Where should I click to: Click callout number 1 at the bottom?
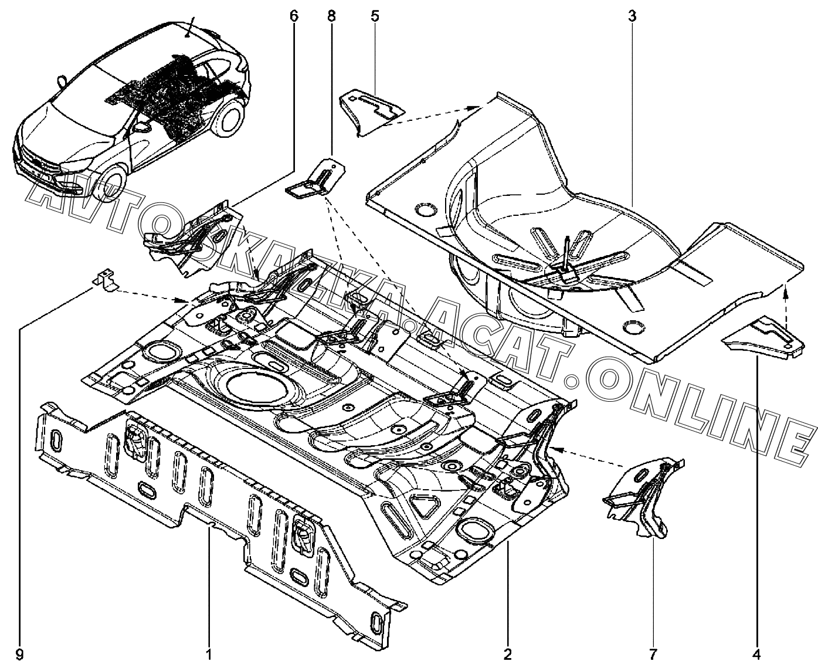point(207,653)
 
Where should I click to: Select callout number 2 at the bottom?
point(508,653)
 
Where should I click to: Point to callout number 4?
point(756,653)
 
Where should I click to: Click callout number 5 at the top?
point(374,16)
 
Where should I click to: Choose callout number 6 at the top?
point(293,16)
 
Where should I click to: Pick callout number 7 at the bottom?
point(654,653)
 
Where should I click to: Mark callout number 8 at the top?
point(331,16)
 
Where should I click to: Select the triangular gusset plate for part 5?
point(372,110)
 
